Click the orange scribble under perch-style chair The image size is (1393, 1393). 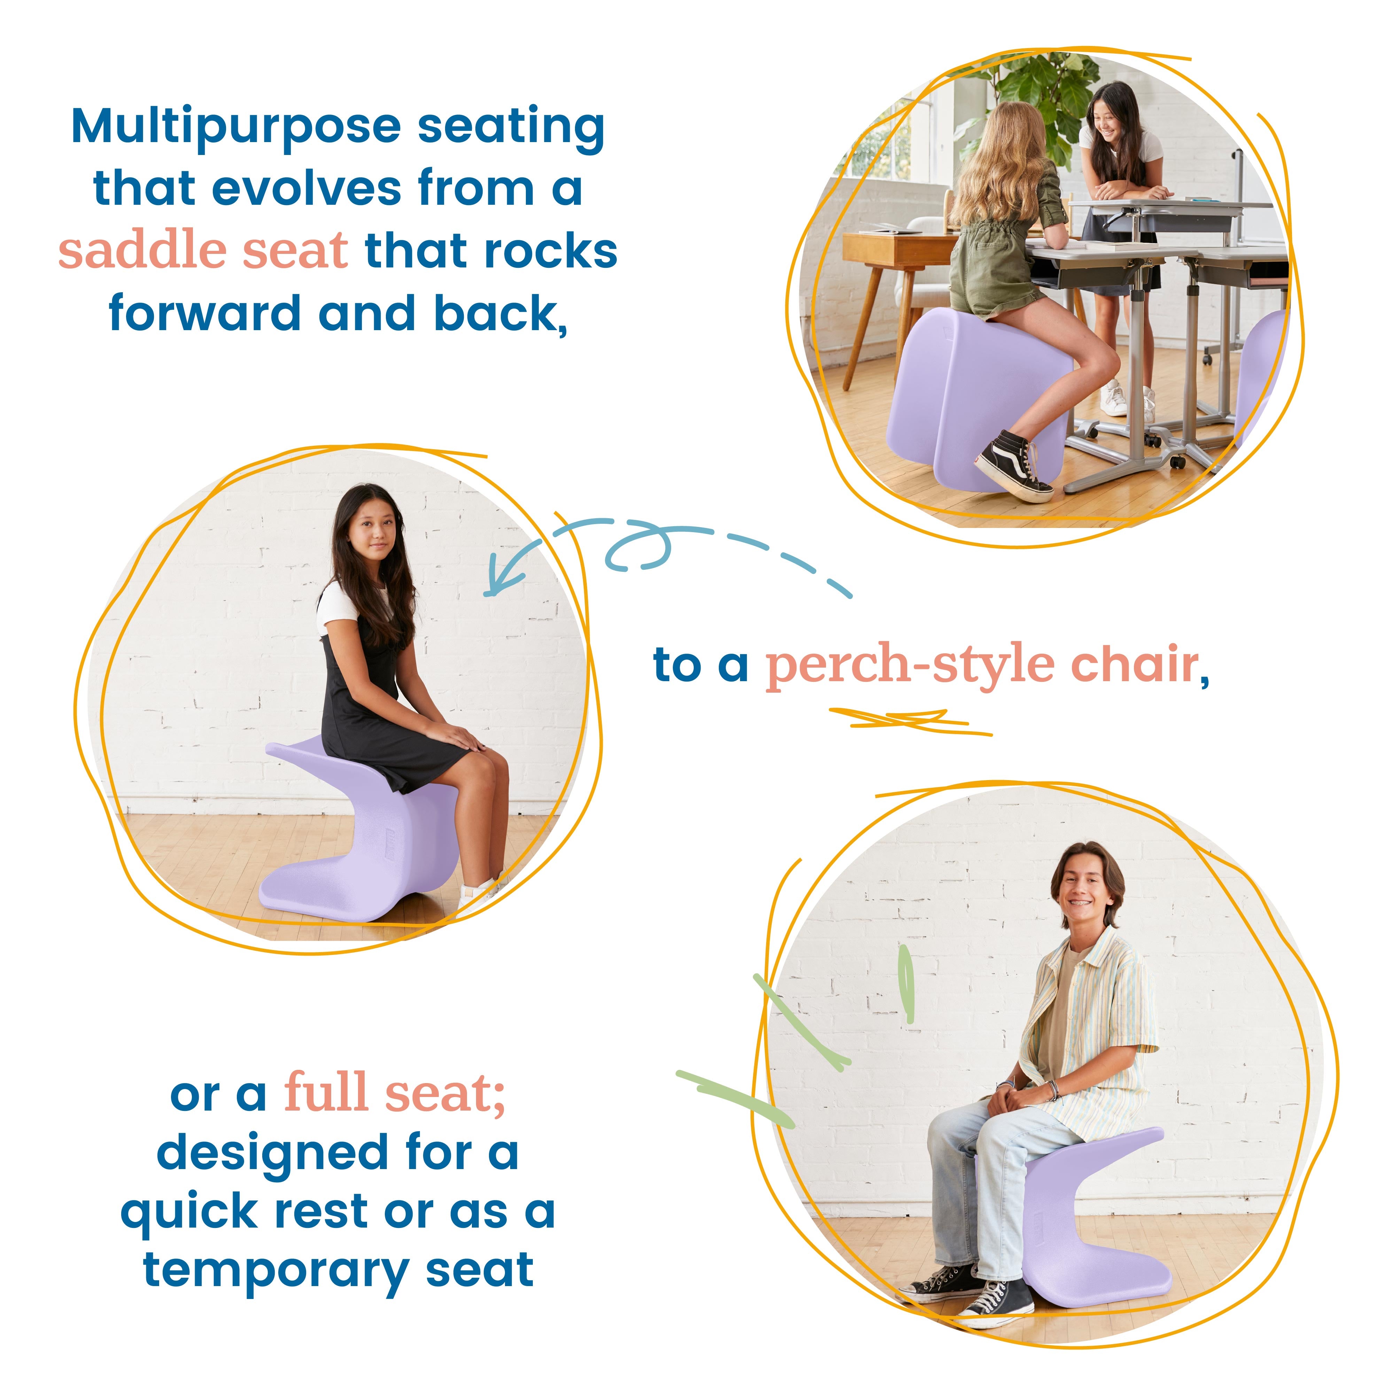pyautogui.click(x=909, y=719)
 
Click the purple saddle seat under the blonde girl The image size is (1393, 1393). pyautogui.click(x=973, y=389)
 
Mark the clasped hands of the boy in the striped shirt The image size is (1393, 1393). pyautogui.click(x=1013, y=1096)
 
